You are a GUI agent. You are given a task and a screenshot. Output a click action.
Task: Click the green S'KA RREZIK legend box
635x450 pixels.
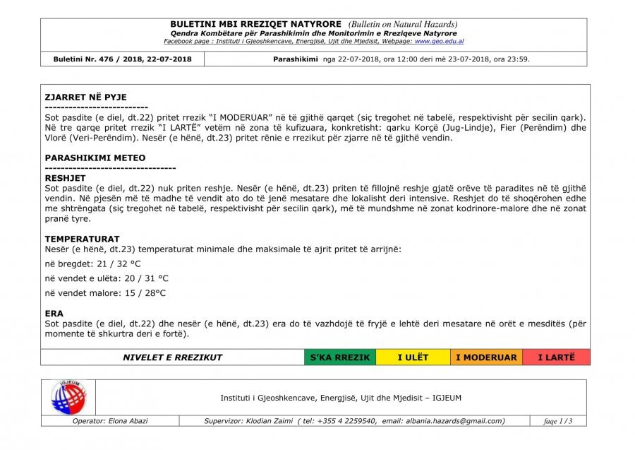(340, 357)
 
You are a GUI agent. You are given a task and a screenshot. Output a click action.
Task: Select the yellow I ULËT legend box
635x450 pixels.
(413, 357)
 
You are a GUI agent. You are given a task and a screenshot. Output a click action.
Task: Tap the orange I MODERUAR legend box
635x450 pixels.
(486, 357)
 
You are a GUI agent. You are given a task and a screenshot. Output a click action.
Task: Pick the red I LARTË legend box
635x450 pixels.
(556, 357)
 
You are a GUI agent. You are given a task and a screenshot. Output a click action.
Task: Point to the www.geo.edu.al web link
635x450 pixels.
(439, 42)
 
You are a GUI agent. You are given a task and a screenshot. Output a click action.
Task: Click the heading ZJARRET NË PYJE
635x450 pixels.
(85, 97)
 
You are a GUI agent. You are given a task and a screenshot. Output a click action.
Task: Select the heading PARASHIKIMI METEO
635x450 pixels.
(95, 158)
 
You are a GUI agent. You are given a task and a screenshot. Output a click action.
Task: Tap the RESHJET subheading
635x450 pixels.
(65, 179)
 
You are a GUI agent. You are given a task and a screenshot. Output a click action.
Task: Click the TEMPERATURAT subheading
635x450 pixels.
(82, 239)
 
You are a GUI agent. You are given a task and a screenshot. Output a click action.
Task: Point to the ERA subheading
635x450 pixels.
(54, 313)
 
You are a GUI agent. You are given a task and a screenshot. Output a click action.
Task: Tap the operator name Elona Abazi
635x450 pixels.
(128, 421)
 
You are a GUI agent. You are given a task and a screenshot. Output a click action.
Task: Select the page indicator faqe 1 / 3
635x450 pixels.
(558, 422)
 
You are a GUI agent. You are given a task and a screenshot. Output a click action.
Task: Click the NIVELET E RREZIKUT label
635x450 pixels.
(172, 357)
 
